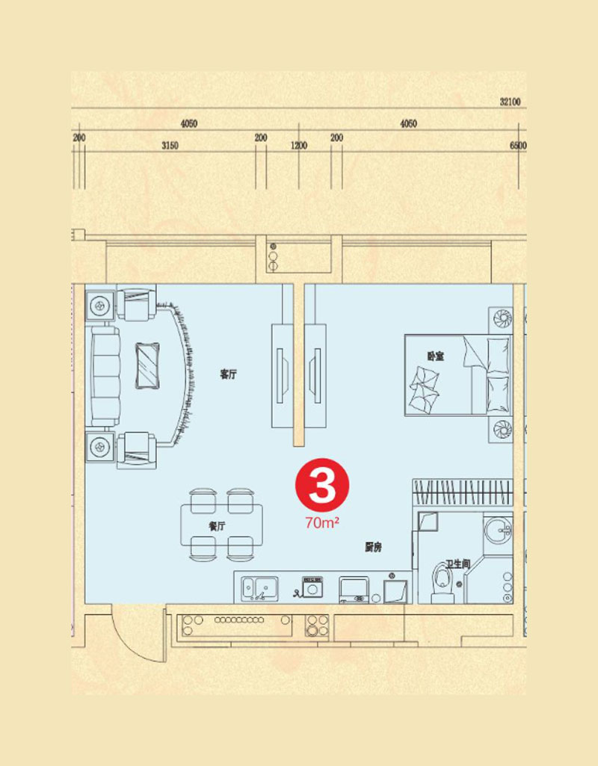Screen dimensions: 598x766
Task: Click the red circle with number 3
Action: tap(322, 484)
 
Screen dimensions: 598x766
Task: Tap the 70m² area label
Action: tap(322, 523)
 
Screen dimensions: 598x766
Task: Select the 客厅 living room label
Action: tap(228, 374)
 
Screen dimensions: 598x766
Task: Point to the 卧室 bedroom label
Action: tap(435, 356)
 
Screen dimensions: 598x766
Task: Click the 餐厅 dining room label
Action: tap(217, 526)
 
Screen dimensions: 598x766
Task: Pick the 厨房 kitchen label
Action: tap(373, 548)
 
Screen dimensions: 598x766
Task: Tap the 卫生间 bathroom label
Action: tap(457, 564)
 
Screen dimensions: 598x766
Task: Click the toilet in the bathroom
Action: tap(443, 582)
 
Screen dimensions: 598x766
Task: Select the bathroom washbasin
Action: tap(498, 530)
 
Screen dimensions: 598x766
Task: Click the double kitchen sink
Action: tap(260, 588)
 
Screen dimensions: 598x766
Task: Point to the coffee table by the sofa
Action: tap(147, 365)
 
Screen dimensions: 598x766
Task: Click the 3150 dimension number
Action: tap(170, 146)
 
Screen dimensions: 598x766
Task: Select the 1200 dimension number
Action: tap(298, 146)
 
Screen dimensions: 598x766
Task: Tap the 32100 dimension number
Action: tap(510, 102)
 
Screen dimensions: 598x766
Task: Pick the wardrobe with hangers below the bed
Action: tap(463, 492)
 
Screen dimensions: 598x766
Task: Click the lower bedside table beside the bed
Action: tap(501, 430)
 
